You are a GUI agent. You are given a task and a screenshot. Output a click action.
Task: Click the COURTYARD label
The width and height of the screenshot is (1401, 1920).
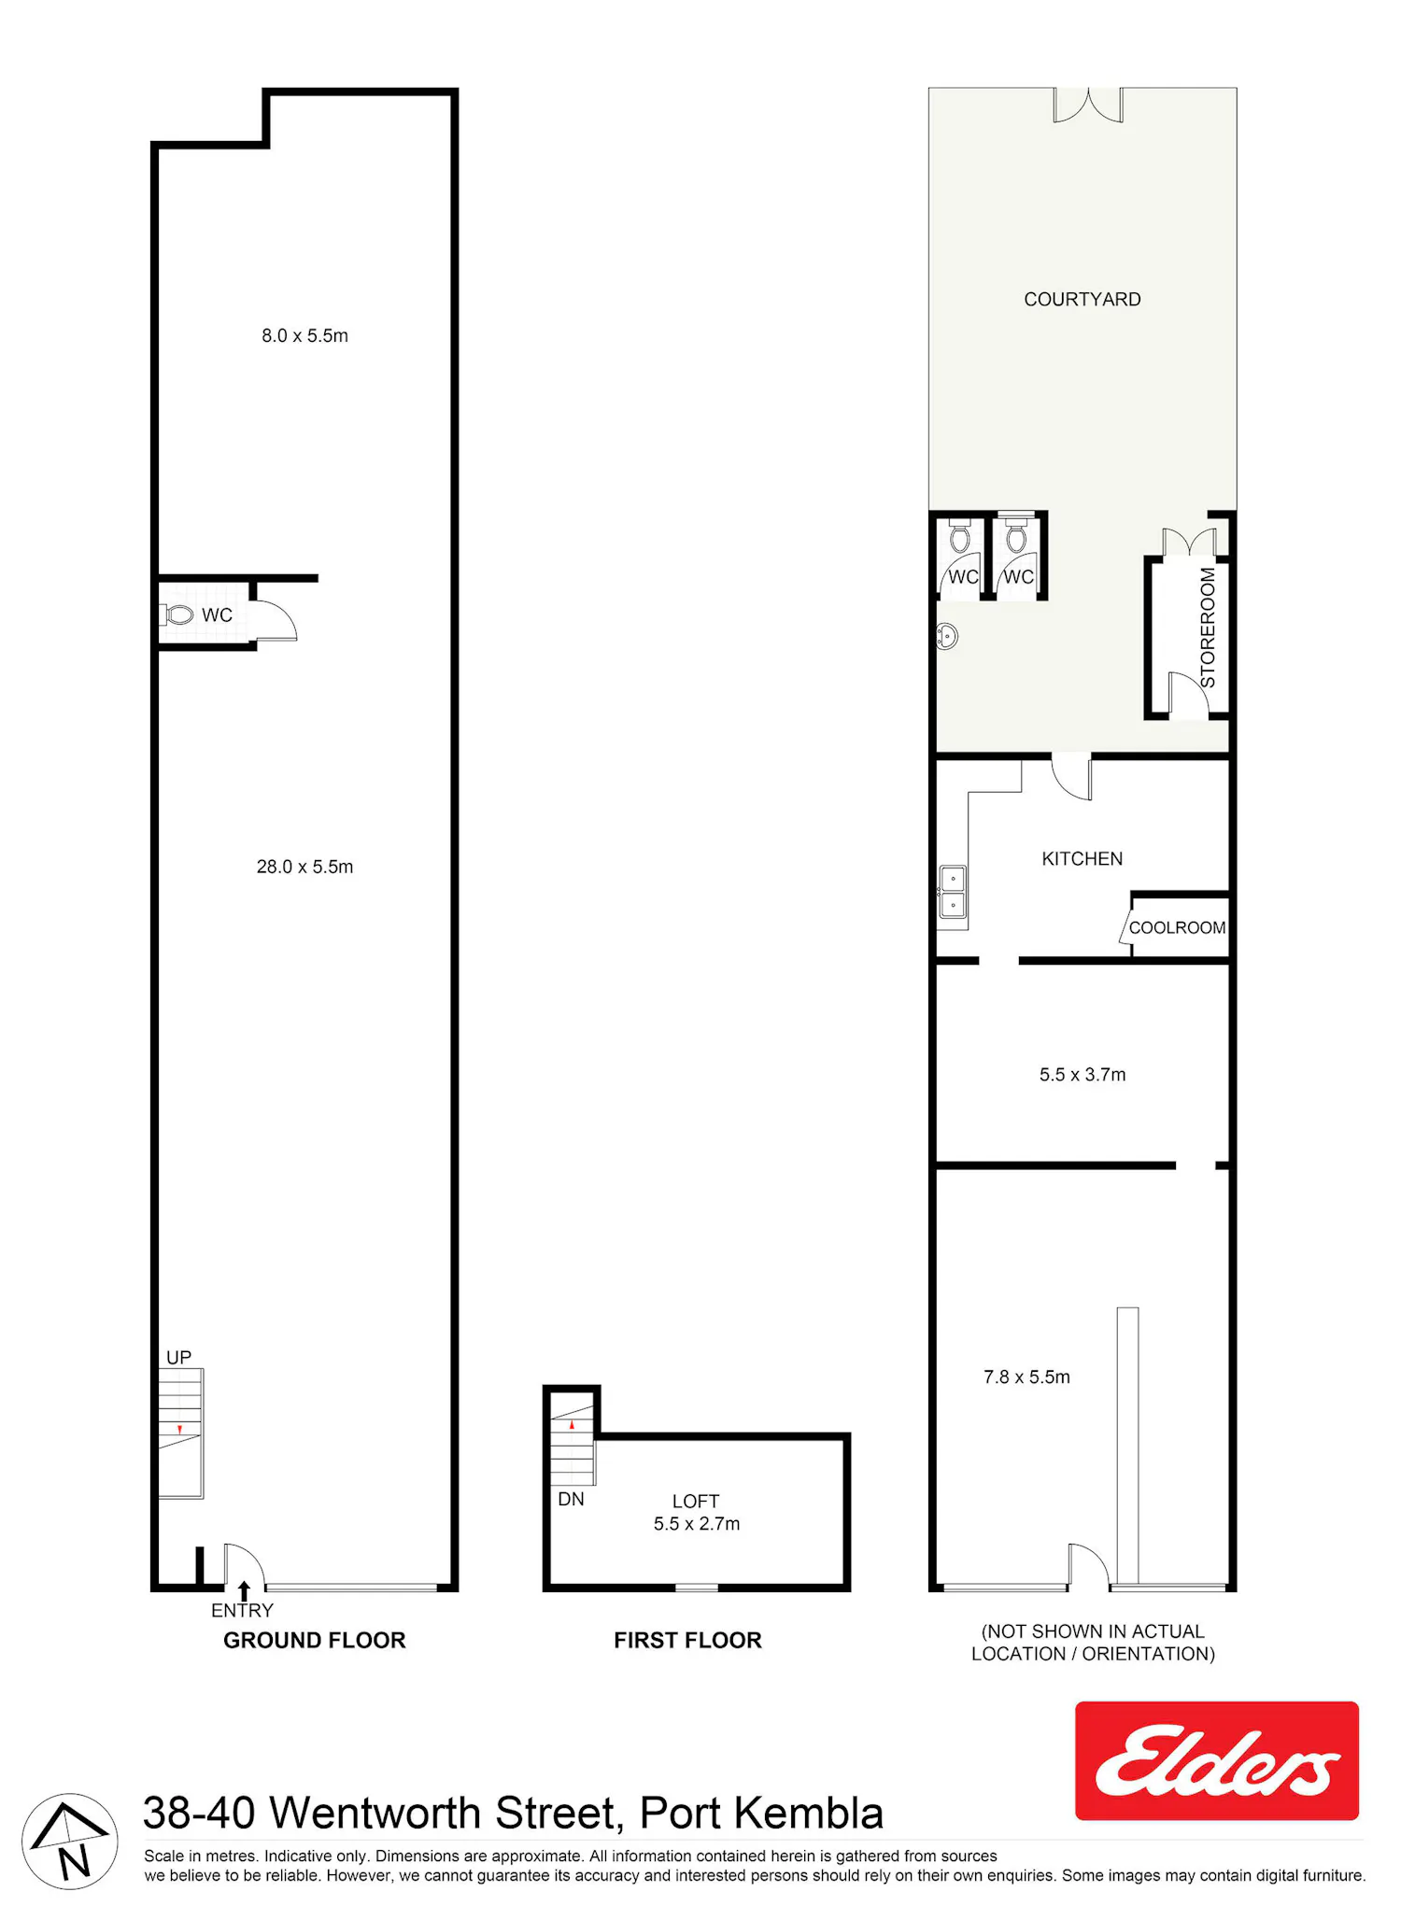coord(1082,300)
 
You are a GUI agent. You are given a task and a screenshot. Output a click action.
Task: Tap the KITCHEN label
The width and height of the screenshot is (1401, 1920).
coord(1082,859)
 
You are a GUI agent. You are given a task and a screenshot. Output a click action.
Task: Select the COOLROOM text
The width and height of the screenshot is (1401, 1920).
coord(1177,927)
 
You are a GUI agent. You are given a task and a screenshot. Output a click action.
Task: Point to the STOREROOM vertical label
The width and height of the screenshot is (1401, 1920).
coord(1208,628)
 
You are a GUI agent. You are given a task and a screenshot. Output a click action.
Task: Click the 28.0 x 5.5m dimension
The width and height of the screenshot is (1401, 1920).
coord(304,867)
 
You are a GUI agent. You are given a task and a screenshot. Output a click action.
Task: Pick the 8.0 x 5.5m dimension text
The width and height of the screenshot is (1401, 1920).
coord(304,335)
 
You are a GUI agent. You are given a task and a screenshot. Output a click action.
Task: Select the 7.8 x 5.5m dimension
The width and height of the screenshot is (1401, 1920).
coord(1026,1376)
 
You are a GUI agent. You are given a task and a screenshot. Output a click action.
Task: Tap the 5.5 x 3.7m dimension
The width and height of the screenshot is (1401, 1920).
coord(1083,1075)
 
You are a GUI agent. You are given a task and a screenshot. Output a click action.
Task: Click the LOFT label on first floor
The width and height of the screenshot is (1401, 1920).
coord(696,1502)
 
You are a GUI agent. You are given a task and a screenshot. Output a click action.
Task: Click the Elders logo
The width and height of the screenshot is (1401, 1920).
coord(1216,1760)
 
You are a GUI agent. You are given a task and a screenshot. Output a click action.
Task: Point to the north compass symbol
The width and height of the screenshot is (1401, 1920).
coord(70,1842)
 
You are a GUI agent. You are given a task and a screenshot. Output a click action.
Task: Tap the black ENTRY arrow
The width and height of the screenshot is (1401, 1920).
coord(244,1590)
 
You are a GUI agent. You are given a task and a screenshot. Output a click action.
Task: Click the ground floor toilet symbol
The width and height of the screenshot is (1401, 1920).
coord(177,614)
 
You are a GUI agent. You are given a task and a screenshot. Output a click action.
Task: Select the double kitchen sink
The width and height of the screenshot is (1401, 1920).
coord(953,892)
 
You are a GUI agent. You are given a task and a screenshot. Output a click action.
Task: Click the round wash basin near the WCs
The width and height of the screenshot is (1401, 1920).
coord(947,637)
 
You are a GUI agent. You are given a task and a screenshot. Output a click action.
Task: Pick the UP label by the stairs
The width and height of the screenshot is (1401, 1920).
coord(178,1358)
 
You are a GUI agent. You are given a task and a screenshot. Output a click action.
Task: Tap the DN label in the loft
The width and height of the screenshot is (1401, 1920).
coord(571,1499)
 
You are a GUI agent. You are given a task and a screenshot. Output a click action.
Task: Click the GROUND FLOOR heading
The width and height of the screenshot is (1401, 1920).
coord(315,1640)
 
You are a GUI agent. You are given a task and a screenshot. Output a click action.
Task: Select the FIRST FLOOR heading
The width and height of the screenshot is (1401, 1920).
coord(687,1640)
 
